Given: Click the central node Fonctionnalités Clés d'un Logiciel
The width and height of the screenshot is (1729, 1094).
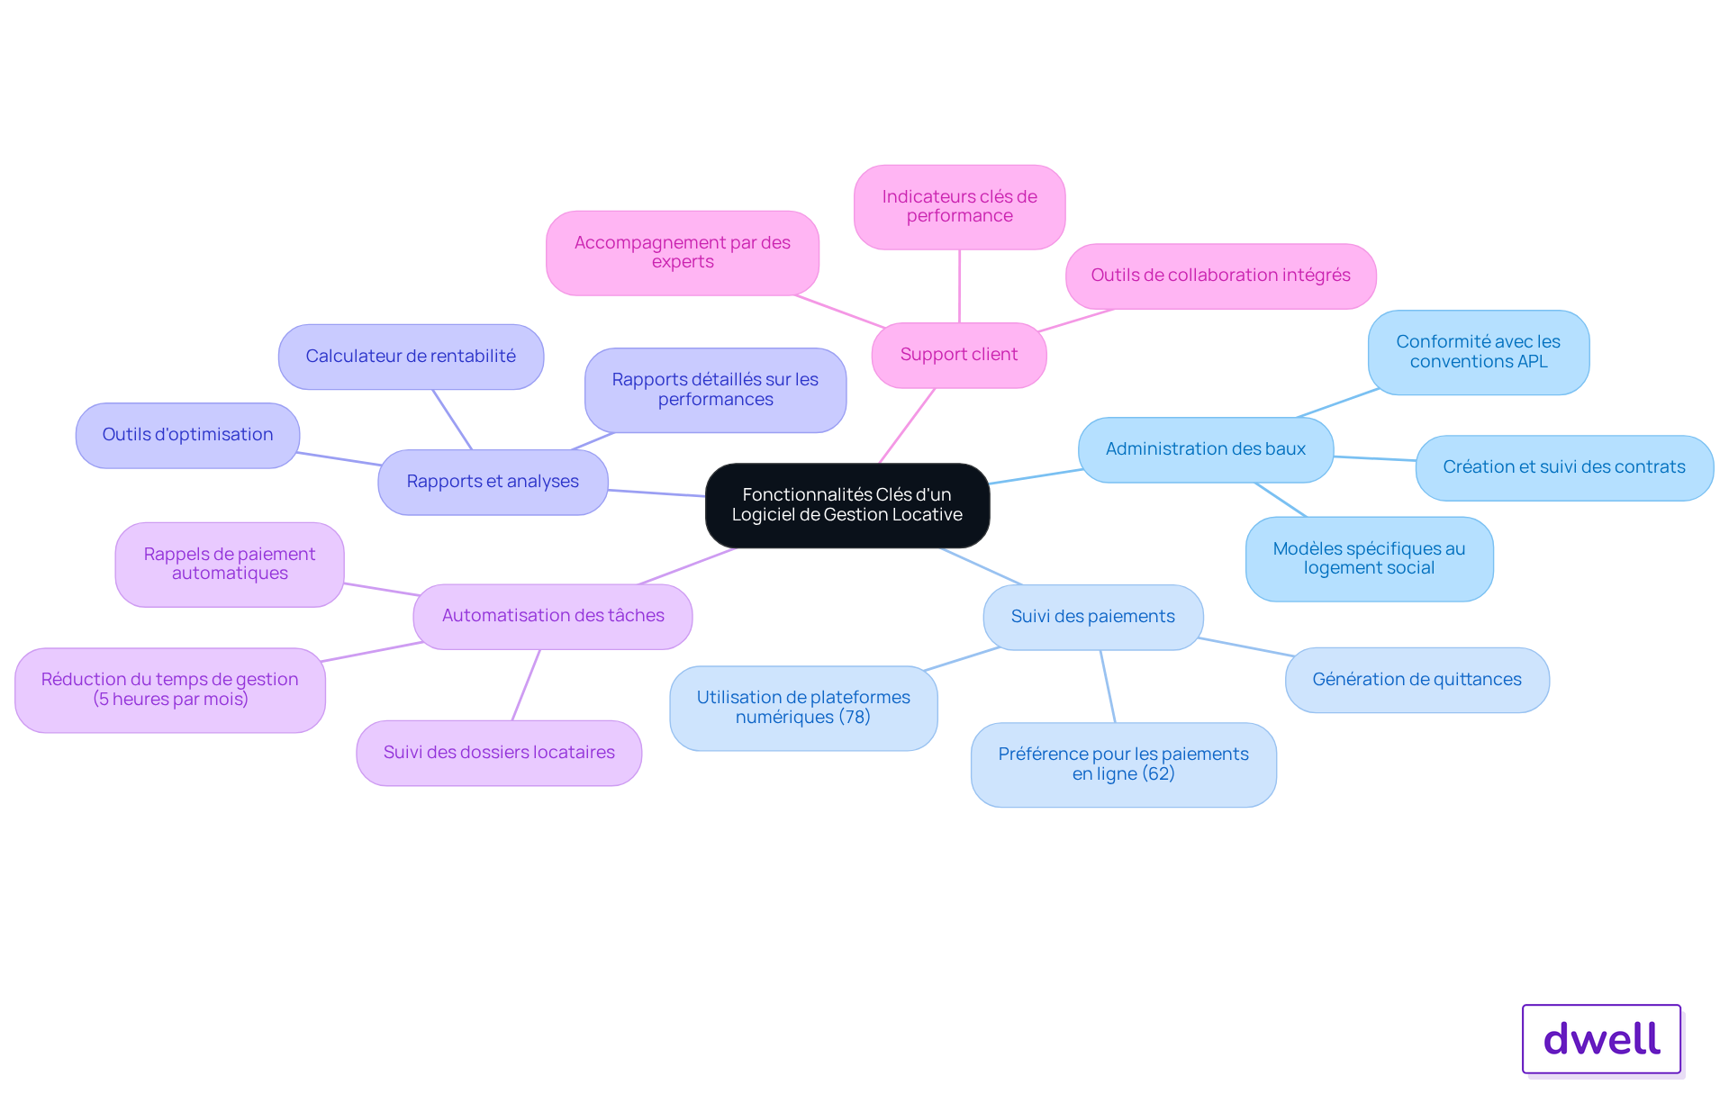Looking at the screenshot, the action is tap(847, 505).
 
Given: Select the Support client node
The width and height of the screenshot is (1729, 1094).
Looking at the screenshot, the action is tap(959, 355).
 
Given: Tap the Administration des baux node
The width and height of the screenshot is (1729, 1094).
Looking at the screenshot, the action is tap(1206, 449).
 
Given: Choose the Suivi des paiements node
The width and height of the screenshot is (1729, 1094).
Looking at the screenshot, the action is tap(1093, 617).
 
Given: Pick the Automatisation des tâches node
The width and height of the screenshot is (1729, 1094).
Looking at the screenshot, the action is tap(553, 616).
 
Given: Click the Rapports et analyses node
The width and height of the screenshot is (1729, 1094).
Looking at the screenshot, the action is tap(493, 482).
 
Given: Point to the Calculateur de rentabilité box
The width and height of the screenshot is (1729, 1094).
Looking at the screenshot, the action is tap(411, 357).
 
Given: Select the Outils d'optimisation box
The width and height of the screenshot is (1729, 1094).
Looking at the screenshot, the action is tap(187, 435).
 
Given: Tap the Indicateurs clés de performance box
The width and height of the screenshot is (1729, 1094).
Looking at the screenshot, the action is tap(960, 206).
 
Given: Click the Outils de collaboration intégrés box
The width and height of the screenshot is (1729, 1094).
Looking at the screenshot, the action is tap(1221, 276).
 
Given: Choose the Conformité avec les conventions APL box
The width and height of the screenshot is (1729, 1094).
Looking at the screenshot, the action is tap(1479, 352).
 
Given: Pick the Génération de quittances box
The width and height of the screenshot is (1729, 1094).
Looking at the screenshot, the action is tap(1417, 680).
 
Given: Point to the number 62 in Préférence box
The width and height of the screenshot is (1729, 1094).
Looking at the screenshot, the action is tap(1159, 774).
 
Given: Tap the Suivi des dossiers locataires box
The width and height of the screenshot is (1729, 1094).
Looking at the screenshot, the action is tap(499, 753).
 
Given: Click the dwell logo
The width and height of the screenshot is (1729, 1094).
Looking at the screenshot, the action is tap(1602, 1039).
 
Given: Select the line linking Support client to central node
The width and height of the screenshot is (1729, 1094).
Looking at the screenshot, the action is tap(908, 426).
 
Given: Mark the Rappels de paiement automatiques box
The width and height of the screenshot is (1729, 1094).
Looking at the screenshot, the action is tap(230, 565).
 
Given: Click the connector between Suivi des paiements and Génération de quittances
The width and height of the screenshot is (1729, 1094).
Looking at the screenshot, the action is tap(1246, 646).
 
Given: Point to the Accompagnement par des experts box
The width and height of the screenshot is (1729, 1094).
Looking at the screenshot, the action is tap(683, 253).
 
